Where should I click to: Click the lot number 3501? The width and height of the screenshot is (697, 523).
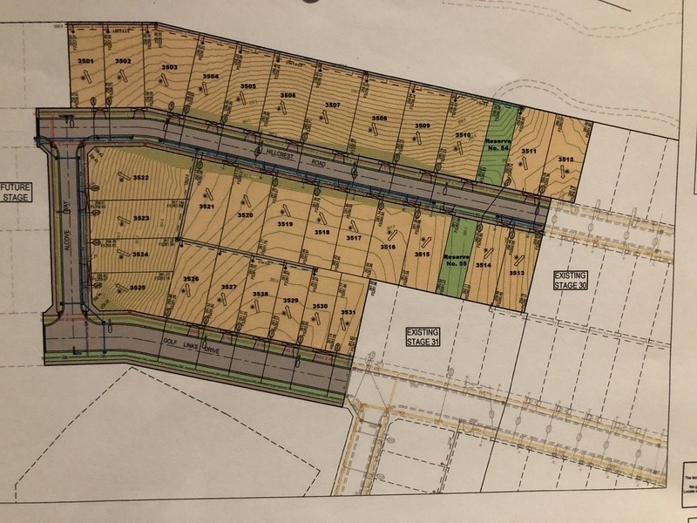[x=85, y=61]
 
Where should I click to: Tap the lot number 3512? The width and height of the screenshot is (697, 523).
[x=565, y=160]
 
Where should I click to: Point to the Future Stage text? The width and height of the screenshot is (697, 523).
[x=16, y=192]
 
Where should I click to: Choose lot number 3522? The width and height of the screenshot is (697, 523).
[x=140, y=179]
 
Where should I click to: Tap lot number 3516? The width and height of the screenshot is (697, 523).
[x=388, y=248]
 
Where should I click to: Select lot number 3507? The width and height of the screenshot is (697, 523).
[x=332, y=105]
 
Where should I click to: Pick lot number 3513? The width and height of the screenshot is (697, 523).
[x=517, y=273]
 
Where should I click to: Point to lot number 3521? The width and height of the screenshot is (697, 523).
[x=206, y=207]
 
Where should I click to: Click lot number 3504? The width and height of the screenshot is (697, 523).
[x=211, y=77]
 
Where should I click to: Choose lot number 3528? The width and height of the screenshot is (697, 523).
[x=261, y=295]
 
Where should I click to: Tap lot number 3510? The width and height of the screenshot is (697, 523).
[x=463, y=135]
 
